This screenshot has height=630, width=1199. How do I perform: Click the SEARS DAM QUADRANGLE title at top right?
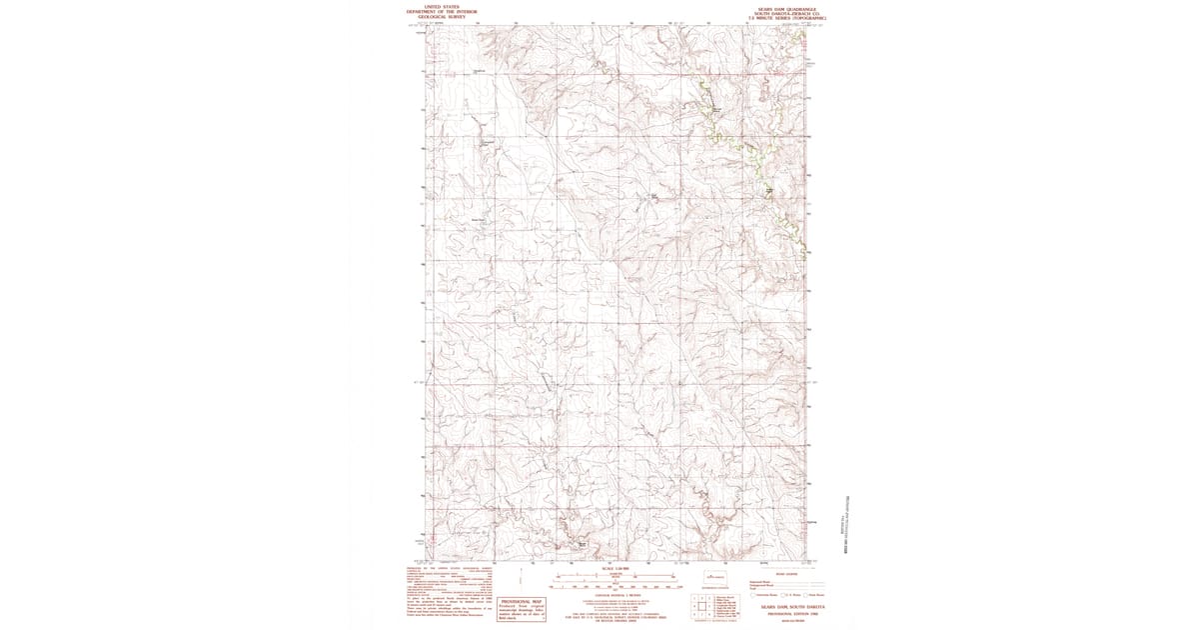coord(786,5)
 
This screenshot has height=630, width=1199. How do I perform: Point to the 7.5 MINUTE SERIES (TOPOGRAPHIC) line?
coord(786,17)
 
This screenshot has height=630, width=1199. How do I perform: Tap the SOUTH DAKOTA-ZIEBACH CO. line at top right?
coord(786,11)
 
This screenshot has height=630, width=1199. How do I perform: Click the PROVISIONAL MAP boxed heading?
coord(521,602)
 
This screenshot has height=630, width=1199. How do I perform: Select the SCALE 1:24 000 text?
coord(600,568)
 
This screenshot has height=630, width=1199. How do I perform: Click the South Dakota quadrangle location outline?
coord(712,577)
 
